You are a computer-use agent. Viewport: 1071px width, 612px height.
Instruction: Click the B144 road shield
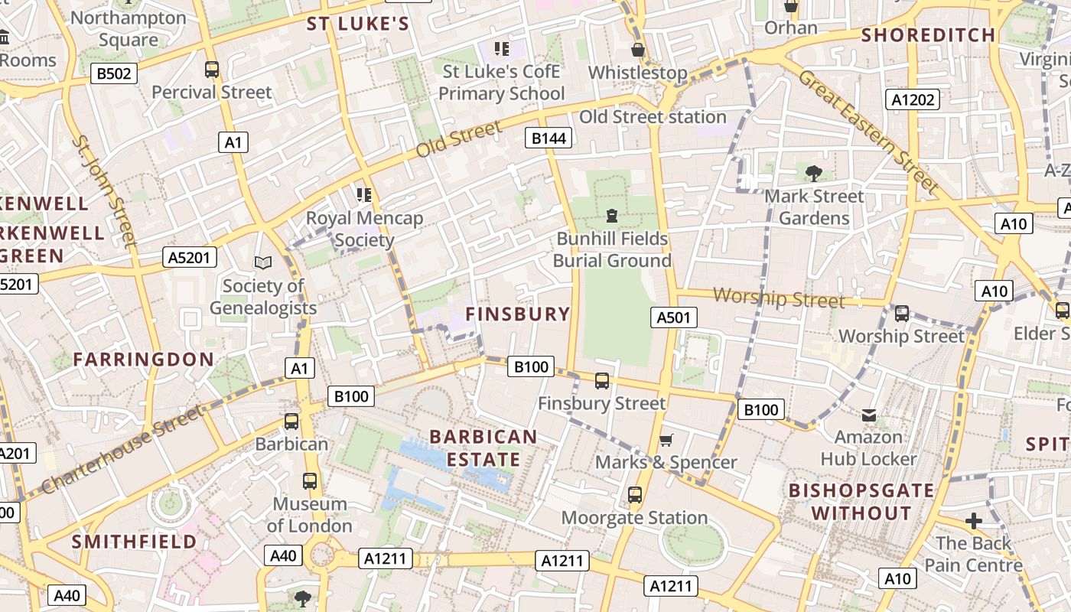click(549, 138)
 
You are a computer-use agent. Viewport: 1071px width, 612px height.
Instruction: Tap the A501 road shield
click(674, 317)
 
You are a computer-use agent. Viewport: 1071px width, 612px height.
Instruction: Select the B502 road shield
click(114, 73)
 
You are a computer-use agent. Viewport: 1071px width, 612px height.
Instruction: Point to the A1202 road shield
click(913, 99)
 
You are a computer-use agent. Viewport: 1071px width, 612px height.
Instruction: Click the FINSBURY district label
click(518, 314)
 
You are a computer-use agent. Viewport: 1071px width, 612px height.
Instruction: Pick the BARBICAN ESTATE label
click(483, 448)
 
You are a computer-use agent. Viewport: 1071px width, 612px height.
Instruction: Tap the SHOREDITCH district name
click(928, 35)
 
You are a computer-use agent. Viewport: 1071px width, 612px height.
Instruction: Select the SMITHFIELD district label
click(135, 542)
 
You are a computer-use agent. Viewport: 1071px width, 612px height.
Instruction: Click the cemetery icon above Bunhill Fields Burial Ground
click(611, 216)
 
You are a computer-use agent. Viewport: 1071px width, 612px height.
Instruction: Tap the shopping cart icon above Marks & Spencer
click(666, 440)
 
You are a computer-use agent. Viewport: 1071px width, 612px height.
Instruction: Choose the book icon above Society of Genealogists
click(263, 263)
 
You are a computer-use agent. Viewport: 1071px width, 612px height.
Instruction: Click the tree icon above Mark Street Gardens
click(814, 173)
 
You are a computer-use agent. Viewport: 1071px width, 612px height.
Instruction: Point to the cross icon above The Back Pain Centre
click(973, 521)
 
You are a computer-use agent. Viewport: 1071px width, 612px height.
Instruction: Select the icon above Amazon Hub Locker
click(868, 415)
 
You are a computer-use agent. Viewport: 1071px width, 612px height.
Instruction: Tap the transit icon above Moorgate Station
click(634, 495)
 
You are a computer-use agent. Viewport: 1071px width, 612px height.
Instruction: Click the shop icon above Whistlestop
click(637, 50)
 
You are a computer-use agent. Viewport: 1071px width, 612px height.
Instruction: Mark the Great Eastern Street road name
click(868, 131)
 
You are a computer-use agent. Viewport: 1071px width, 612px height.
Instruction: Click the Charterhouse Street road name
click(122, 449)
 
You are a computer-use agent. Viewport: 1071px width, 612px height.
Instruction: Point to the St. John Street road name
click(105, 191)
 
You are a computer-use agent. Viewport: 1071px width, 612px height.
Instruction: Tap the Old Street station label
click(653, 117)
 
